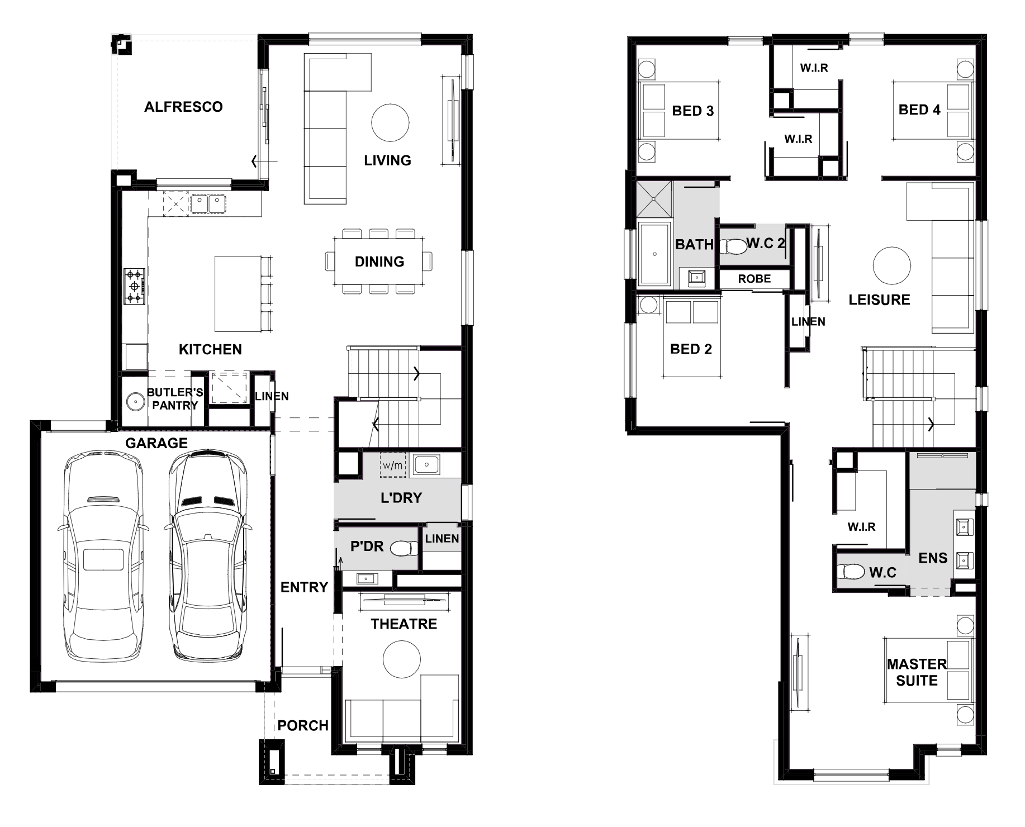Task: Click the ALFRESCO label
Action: (183, 107)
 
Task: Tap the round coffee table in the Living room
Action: (390, 122)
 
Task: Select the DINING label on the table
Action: (379, 262)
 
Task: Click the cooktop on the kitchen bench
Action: (135, 286)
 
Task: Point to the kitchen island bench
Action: (239, 294)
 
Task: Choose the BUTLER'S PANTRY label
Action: (175, 399)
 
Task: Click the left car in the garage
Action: (102, 556)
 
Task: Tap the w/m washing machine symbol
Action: (392, 465)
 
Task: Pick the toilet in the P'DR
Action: (405, 549)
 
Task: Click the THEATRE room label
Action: (404, 624)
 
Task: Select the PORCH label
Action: (303, 725)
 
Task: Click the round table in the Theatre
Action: (402, 658)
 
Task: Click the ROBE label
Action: (754, 278)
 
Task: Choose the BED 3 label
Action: (693, 111)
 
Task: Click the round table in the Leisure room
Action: (892, 266)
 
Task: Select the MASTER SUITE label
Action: (917, 672)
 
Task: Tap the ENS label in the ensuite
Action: (933, 558)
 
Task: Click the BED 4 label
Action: (919, 110)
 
